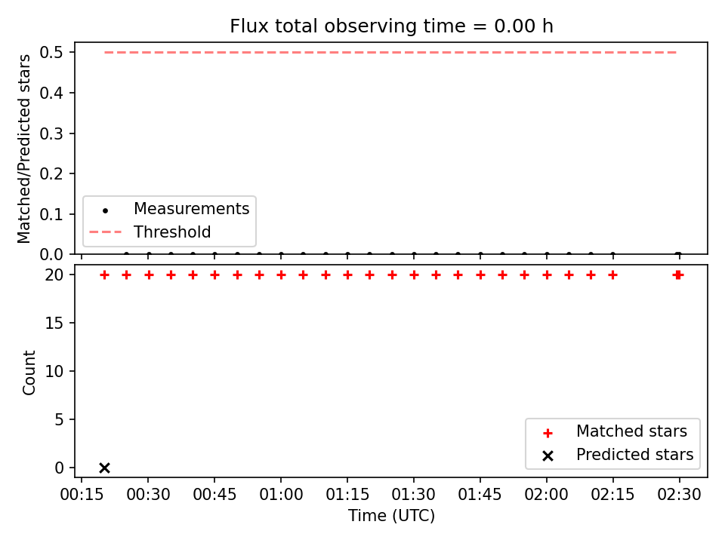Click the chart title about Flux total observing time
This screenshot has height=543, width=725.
[x=392, y=26]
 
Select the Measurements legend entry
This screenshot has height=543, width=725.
[x=169, y=209]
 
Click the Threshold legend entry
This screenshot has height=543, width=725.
[x=150, y=232]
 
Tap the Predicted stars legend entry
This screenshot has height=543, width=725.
[x=619, y=455]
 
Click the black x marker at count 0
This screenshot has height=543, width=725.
[x=104, y=468]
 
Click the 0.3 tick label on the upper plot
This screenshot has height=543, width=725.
[x=51, y=133]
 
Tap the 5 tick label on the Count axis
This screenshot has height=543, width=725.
[x=59, y=419]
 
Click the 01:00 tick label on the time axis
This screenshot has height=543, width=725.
[x=281, y=495]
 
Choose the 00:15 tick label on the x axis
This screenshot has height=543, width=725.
[x=82, y=495]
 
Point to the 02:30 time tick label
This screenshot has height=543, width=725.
[x=679, y=495]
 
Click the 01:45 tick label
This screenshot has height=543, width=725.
[x=480, y=495]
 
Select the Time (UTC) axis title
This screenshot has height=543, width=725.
[x=392, y=516]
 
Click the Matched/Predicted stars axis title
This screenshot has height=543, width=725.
[x=23, y=149]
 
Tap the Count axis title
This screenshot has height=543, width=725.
[x=29, y=372]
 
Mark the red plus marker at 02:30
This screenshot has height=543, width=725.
[x=678, y=275]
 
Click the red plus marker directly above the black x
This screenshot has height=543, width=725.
[x=104, y=275]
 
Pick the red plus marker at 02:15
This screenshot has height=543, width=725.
[x=612, y=275]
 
